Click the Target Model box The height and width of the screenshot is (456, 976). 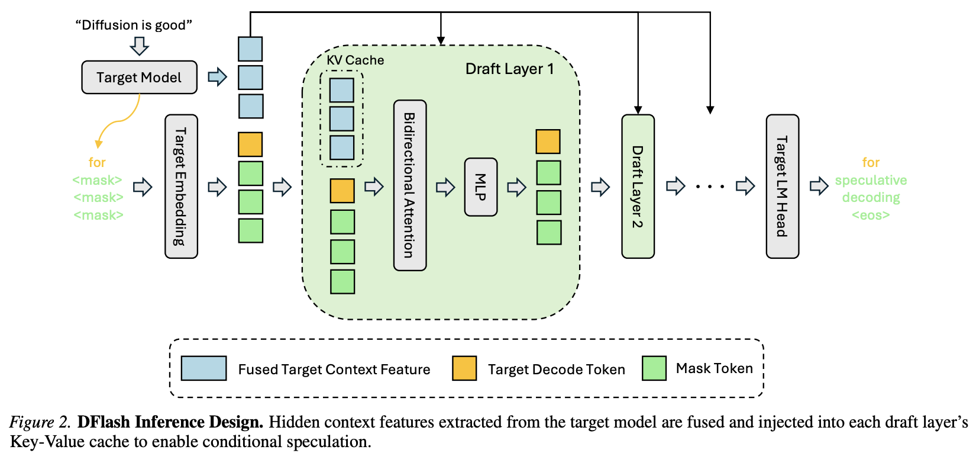(x=139, y=77)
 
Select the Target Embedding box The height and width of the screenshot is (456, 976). (x=181, y=187)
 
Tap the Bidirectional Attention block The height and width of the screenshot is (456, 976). (x=410, y=185)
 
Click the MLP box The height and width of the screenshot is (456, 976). (x=480, y=187)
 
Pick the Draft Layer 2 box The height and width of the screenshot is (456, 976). (x=638, y=187)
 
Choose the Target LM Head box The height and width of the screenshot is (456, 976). (x=783, y=187)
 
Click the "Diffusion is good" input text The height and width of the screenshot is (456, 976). (x=134, y=25)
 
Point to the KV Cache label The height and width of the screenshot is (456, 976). (x=355, y=60)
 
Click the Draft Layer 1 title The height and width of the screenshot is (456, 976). (x=509, y=69)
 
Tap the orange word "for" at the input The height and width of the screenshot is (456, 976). (x=97, y=162)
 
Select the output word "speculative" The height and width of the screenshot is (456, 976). (x=871, y=180)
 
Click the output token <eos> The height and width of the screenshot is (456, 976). (x=871, y=215)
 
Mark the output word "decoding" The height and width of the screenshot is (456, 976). (x=871, y=198)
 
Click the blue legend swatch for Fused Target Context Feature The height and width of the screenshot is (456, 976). (x=203, y=368)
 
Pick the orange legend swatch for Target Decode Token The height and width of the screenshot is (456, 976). (x=464, y=368)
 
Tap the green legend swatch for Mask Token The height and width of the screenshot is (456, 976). (x=654, y=368)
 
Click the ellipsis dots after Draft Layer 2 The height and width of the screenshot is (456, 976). (x=710, y=187)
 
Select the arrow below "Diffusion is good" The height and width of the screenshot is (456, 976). (x=140, y=46)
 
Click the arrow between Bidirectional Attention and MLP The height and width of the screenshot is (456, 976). (x=445, y=187)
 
